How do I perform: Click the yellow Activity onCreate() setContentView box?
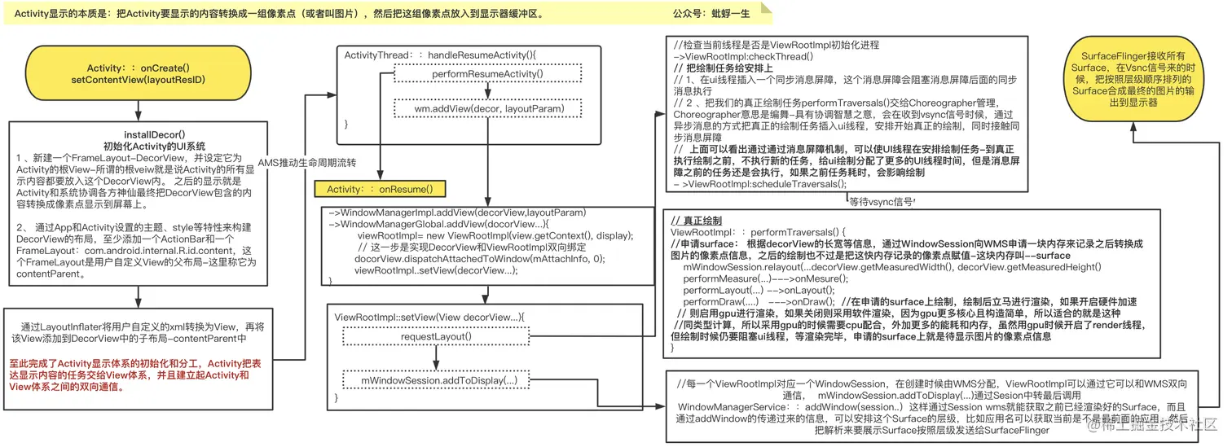tap(138, 74)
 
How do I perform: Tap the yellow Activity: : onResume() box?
tap(380, 189)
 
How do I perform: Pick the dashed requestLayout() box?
tap(436, 335)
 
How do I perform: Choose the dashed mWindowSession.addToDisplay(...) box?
tap(440, 380)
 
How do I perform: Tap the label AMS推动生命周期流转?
tap(307, 162)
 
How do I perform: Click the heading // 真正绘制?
tap(696, 221)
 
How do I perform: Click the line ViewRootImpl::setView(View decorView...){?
tap(430, 316)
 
